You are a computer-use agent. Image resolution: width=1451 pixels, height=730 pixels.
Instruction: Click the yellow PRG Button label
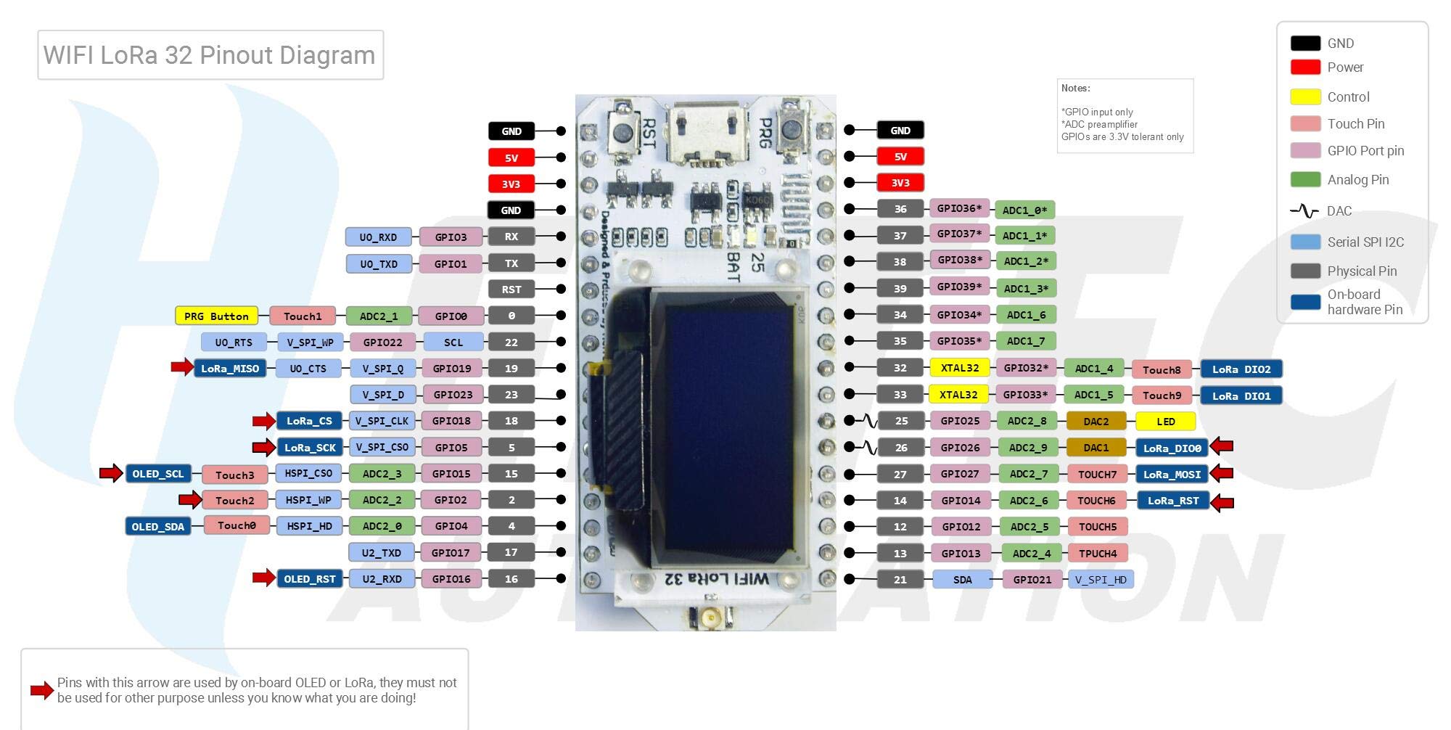point(216,316)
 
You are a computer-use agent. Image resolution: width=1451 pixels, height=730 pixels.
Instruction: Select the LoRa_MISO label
point(229,369)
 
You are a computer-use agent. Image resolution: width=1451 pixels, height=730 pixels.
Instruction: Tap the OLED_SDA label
point(157,526)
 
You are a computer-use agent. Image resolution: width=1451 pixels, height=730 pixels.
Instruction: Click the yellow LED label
point(1165,421)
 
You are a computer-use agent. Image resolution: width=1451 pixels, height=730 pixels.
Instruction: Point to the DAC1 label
point(1096,448)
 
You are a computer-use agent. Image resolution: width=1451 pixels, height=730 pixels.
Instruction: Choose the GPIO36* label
point(958,209)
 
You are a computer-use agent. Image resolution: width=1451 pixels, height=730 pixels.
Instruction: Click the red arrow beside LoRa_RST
point(1222,501)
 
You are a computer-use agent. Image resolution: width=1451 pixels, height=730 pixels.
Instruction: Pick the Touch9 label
point(1161,395)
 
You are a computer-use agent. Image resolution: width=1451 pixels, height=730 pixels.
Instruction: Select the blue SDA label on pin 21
point(962,579)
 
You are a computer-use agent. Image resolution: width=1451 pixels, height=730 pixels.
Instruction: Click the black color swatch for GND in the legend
point(1304,43)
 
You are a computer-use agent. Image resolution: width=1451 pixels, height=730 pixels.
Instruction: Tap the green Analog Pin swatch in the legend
point(1304,179)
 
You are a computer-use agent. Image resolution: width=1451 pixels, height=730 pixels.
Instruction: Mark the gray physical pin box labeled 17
point(511,552)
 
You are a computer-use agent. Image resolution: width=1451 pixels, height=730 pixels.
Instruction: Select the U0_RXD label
point(378,237)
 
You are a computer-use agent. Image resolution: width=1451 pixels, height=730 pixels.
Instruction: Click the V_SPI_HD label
point(1100,579)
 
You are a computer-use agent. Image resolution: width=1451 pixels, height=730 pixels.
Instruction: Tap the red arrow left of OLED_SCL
point(111,474)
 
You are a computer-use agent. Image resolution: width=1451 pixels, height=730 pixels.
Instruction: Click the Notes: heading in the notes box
point(1075,89)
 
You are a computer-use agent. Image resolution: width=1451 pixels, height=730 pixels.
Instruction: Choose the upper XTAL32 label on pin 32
point(959,368)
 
